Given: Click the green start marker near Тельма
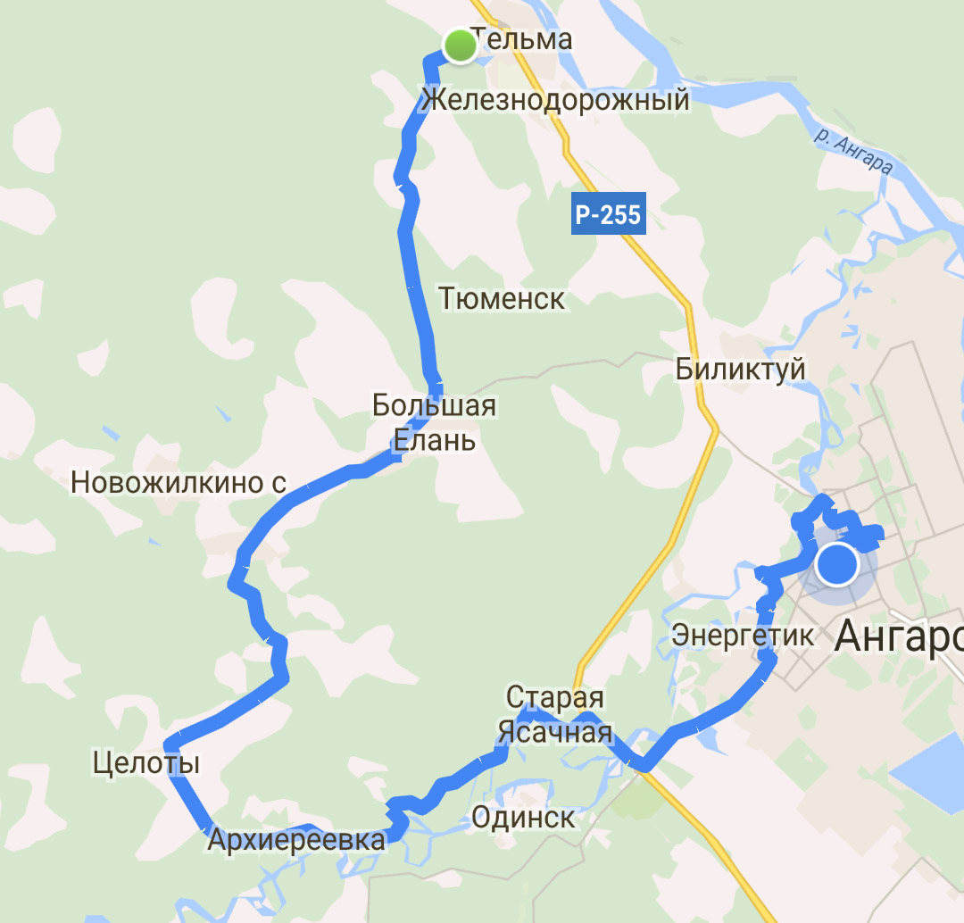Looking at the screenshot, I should pyautogui.click(x=460, y=46).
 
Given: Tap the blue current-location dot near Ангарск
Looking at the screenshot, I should pyautogui.click(x=836, y=564).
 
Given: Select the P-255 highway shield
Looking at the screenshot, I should pyautogui.click(x=608, y=215).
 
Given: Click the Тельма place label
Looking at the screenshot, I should pyautogui.click(x=521, y=39).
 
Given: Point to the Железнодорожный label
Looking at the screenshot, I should pyautogui.click(x=556, y=99).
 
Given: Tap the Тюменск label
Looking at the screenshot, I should pyautogui.click(x=503, y=298).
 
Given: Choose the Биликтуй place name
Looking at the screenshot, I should pyautogui.click(x=741, y=368).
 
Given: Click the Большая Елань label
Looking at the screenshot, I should pyautogui.click(x=435, y=422).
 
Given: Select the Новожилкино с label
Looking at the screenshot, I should pyautogui.click(x=179, y=483).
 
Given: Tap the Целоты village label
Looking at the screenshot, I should pyautogui.click(x=146, y=763).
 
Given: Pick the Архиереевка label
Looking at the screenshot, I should pyautogui.click(x=296, y=840).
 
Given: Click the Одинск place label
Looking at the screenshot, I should pyautogui.click(x=523, y=817).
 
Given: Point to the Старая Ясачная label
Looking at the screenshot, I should pyautogui.click(x=555, y=715).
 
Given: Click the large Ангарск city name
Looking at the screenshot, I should pyautogui.click(x=898, y=637).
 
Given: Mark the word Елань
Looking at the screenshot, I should pyautogui.click(x=435, y=440).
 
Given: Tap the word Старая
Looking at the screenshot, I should pyautogui.click(x=555, y=697).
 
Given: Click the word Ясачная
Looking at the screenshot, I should pyautogui.click(x=555, y=734).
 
